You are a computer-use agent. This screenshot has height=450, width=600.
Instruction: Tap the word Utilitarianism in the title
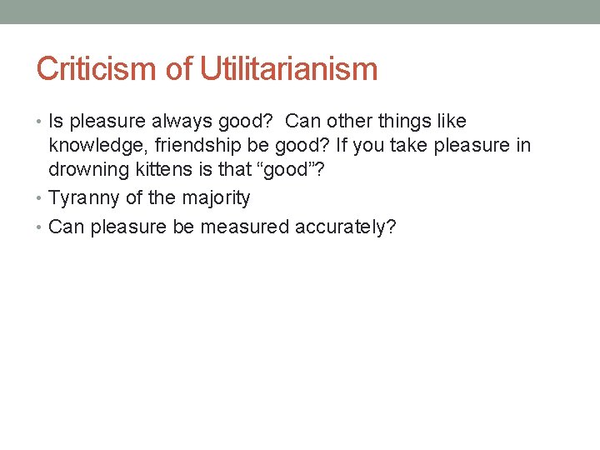[x=288, y=69]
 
